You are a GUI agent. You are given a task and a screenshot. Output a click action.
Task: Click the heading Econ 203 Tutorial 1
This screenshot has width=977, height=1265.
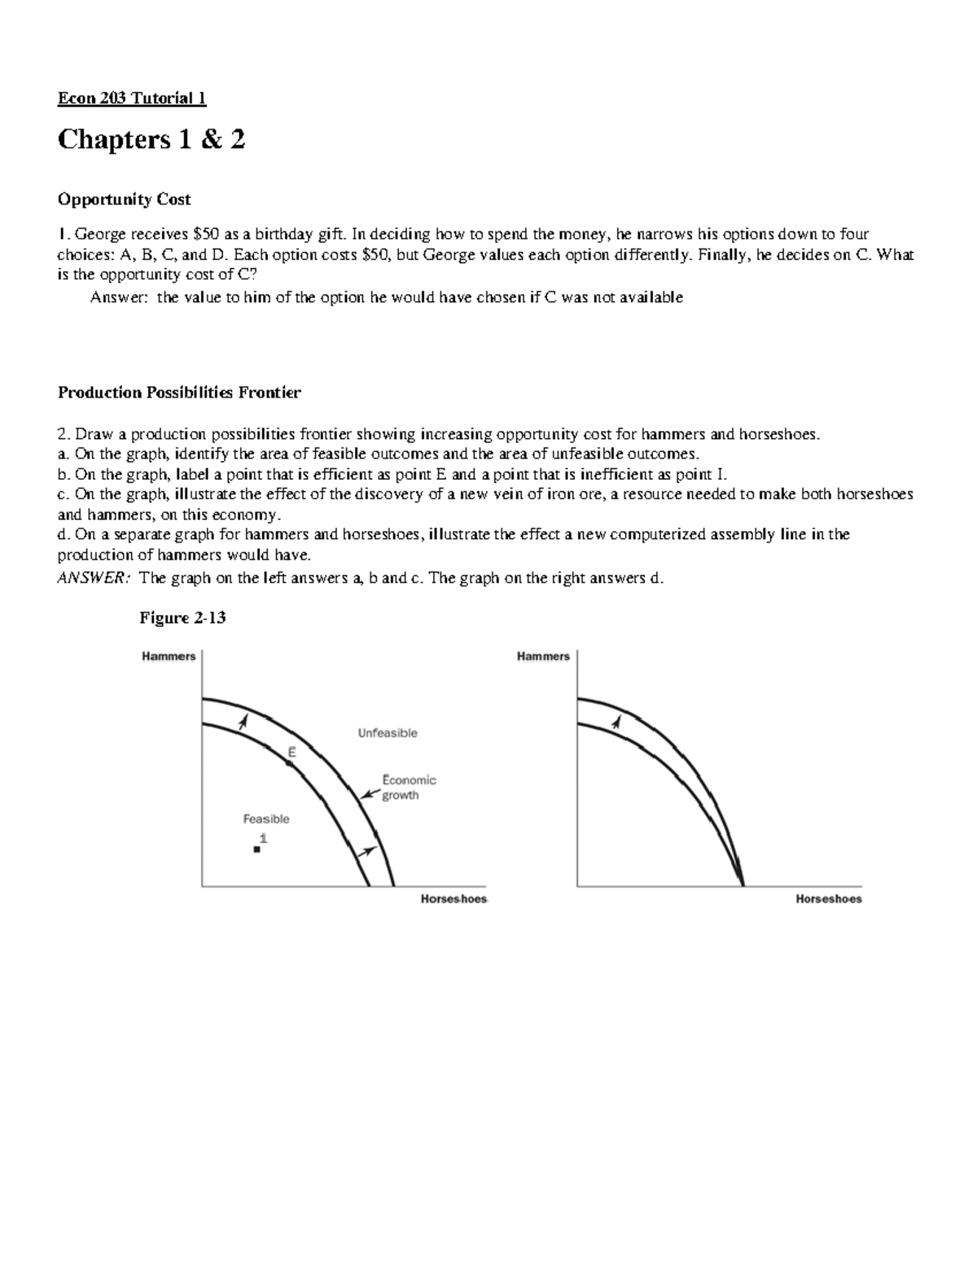pos(131,99)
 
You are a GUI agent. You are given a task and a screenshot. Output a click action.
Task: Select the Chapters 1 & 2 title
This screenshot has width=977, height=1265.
pos(151,140)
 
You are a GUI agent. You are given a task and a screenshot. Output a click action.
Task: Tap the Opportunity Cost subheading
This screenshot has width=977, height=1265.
pos(124,200)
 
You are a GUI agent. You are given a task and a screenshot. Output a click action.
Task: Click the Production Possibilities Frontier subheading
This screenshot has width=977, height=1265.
pos(179,393)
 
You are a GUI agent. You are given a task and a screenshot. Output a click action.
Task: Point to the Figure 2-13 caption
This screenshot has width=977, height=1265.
pos(182,618)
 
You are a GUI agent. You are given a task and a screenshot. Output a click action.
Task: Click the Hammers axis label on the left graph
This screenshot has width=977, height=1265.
pos(169,657)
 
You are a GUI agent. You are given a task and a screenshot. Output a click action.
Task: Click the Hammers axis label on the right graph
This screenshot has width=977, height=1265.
pos(543,657)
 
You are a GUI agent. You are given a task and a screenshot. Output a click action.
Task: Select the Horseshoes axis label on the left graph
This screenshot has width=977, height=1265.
pos(453,899)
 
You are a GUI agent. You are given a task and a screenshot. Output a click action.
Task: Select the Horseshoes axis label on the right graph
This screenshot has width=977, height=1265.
pos(828,899)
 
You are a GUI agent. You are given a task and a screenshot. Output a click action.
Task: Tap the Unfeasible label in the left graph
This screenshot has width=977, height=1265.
pos(388,733)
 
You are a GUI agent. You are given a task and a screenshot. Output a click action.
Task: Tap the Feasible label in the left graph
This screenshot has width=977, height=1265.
pos(266,819)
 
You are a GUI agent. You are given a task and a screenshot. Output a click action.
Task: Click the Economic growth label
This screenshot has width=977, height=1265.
pos(409,788)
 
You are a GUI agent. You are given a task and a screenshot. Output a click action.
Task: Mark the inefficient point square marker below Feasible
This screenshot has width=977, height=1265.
pos(256,850)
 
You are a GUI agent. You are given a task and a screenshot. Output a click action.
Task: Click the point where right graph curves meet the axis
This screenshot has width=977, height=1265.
pos(743,885)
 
